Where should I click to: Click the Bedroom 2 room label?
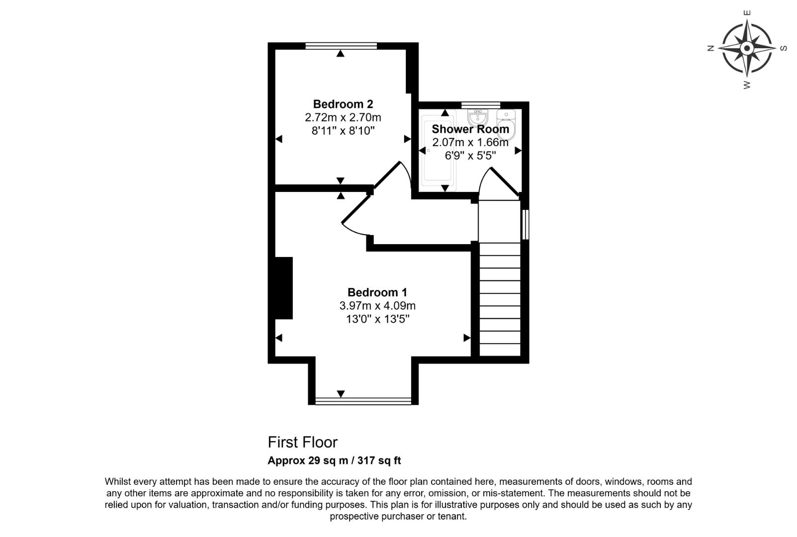(x=343, y=104)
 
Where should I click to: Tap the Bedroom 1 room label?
(x=377, y=292)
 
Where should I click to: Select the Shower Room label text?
(x=470, y=129)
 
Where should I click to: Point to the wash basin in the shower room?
(x=478, y=118)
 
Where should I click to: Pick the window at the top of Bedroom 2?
(x=341, y=46)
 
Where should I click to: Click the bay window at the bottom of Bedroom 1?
(x=363, y=401)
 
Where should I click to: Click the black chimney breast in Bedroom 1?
(x=284, y=288)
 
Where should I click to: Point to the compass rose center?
(x=747, y=48)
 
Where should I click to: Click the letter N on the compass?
(x=710, y=48)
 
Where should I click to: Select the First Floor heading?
(x=302, y=442)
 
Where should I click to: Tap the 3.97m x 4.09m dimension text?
(x=377, y=306)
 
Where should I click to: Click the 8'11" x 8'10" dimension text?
(x=343, y=131)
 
